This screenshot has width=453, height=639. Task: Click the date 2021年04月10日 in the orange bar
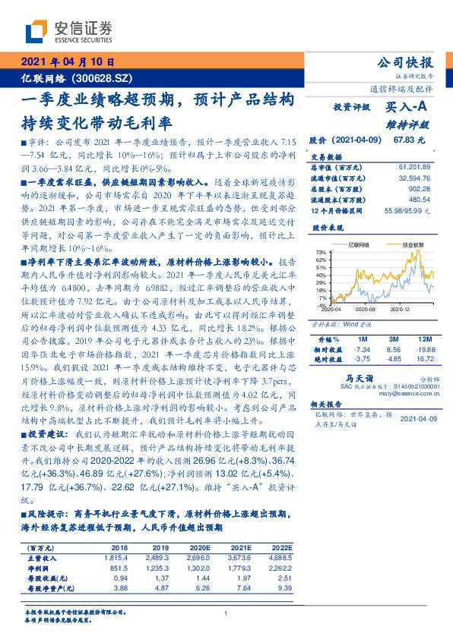(68, 63)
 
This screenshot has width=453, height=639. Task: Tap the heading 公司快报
(408, 62)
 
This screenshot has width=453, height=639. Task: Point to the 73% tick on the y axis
(323, 251)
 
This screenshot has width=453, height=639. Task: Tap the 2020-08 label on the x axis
(366, 310)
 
